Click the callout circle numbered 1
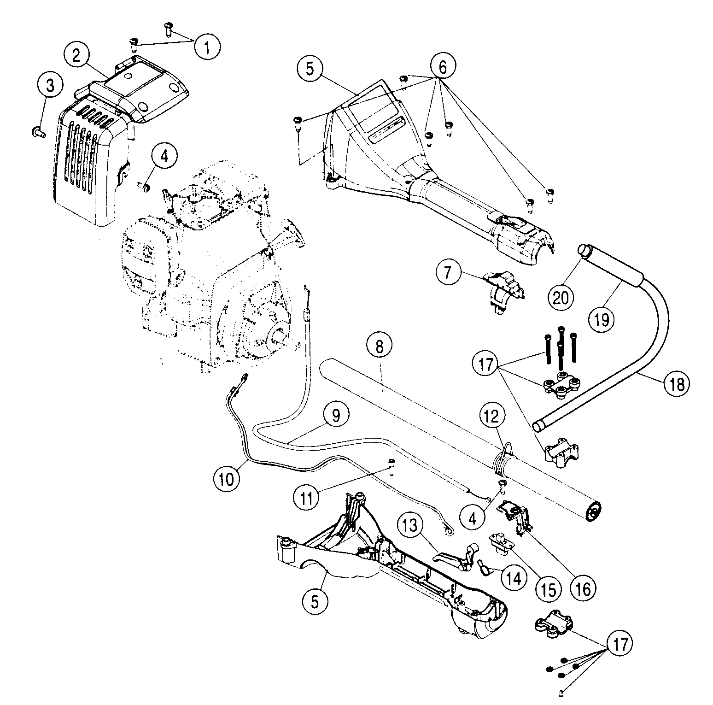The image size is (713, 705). (207, 46)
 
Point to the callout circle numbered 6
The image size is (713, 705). (442, 67)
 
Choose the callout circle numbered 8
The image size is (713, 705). (379, 346)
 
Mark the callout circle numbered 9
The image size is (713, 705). (336, 415)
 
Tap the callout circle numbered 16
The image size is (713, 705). (583, 587)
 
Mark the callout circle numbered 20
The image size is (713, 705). (561, 297)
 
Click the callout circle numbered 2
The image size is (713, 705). (76, 56)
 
